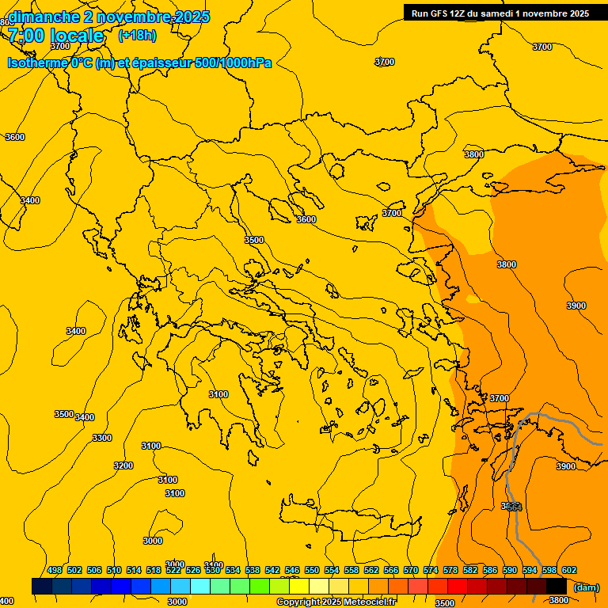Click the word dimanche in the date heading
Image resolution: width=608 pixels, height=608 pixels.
coord(38,17)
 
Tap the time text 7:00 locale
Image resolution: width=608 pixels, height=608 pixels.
coord(55,36)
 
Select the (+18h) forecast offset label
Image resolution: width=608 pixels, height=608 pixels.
coord(137,36)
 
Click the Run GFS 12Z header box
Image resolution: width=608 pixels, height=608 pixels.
coord(500,13)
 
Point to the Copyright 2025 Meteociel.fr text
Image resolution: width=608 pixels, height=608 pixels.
coord(337,602)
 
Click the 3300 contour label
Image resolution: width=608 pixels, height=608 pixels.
coord(102,438)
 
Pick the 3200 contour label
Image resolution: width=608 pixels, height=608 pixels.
coord(123,465)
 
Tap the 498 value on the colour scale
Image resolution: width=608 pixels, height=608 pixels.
coord(55,570)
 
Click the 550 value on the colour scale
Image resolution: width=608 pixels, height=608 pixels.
coord(312,570)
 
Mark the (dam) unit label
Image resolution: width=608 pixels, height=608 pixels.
coord(586,587)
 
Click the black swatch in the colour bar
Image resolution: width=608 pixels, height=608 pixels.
coord(557,586)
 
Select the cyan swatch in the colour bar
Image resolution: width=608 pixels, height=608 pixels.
coord(200,586)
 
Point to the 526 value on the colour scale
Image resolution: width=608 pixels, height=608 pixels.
coord(193,570)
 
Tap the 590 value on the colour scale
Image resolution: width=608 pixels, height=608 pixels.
coord(510,570)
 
